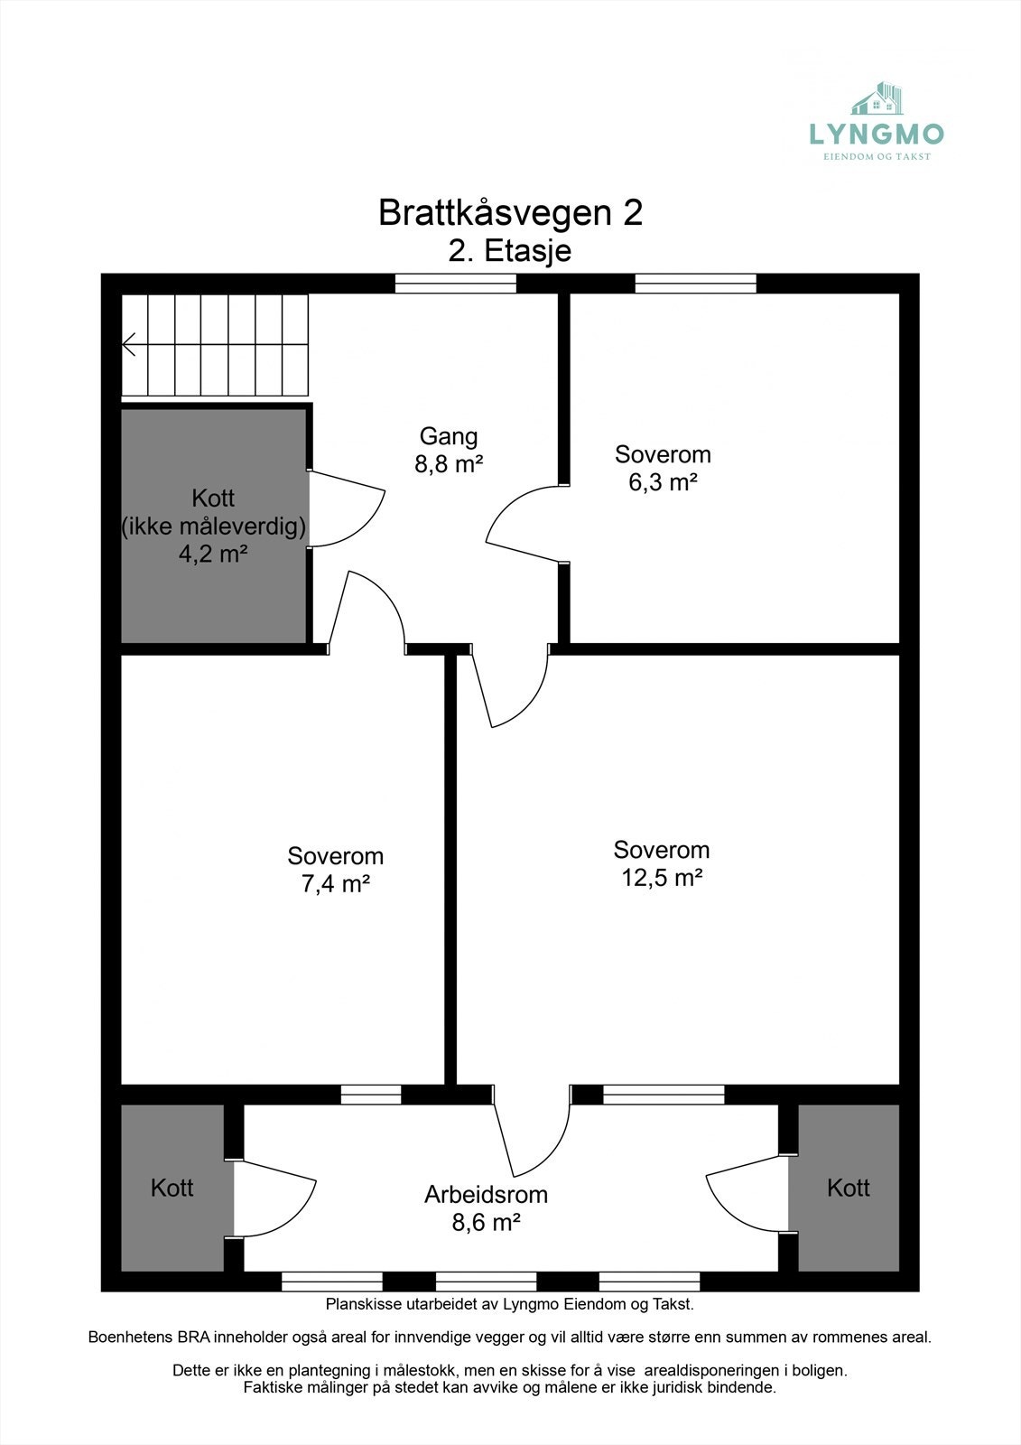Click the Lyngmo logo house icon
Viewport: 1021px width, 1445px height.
(877, 98)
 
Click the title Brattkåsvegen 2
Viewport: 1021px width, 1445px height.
(510, 213)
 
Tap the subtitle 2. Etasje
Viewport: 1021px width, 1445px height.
(510, 250)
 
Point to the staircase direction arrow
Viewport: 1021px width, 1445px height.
(129, 344)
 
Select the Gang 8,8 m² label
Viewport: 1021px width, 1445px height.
(449, 450)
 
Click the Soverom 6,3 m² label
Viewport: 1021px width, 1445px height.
(663, 468)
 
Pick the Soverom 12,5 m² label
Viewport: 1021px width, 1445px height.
(662, 863)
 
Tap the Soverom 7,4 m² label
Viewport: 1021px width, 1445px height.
(335, 870)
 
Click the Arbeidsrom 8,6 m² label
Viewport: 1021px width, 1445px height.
(486, 1208)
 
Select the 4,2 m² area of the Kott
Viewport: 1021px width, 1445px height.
(213, 554)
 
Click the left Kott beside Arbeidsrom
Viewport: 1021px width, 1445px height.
(172, 1188)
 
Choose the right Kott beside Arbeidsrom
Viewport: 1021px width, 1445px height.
(848, 1188)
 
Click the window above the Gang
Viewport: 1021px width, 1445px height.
(456, 284)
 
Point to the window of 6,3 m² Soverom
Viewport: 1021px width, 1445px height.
(695, 284)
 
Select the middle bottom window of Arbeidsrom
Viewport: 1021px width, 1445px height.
(486, 1281)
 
